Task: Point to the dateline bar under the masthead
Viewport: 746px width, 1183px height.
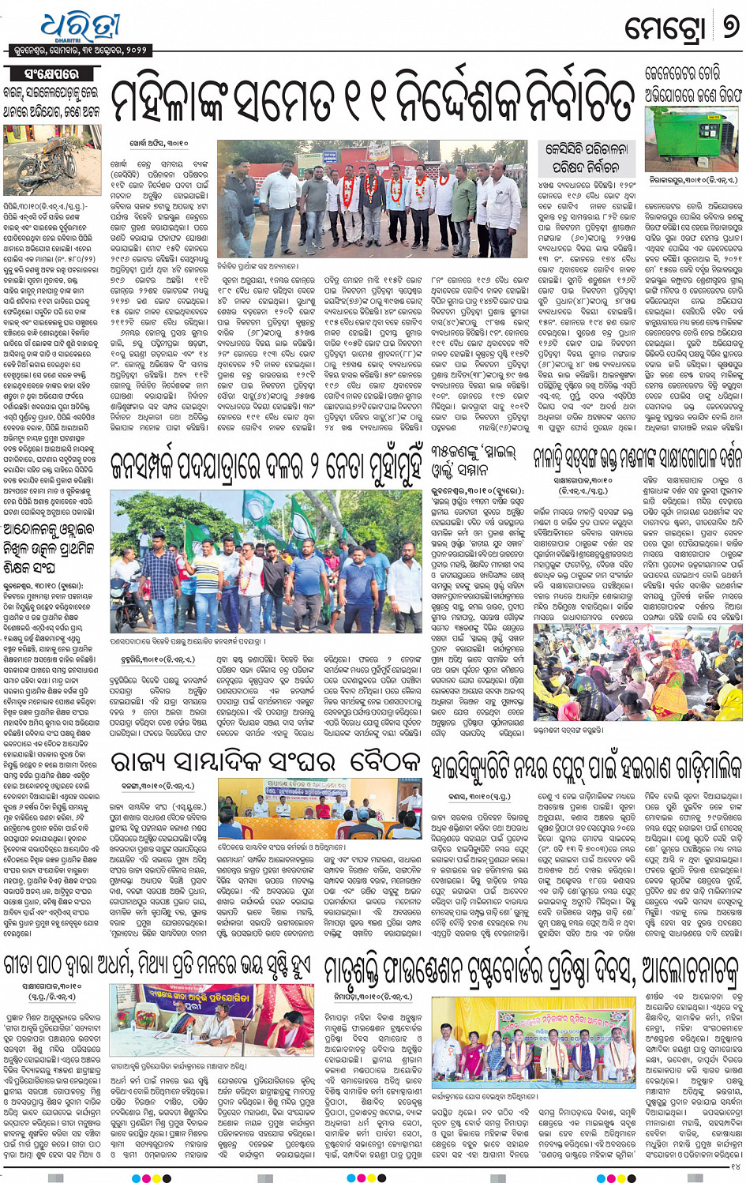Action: coord(80,50)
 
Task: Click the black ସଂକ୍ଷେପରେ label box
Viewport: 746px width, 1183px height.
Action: coord(51,73)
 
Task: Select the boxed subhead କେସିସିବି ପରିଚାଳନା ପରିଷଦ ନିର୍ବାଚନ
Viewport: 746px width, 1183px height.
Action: coord(586,158)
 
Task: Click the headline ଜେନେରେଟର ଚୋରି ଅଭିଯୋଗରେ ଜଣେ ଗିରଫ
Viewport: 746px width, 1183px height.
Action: coord(693,84)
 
